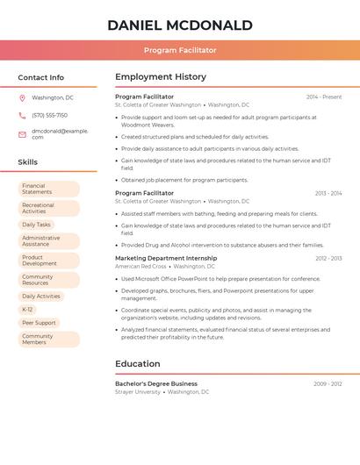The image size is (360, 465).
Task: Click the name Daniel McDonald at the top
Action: [x=180, y=25]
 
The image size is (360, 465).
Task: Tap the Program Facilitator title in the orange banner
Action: [x=180, y=50]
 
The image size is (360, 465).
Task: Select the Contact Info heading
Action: [x=41, y=77]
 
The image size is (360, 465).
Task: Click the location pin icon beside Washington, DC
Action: [x=22, y=98]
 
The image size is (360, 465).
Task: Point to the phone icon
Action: [x=22, y=116]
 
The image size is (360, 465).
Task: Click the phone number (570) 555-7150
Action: [x=49, y=116]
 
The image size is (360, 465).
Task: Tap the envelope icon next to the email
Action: [x=22, y=134]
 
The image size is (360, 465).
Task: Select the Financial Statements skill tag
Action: [x=48, y=189]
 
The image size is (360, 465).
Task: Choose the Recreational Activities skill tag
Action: [x=48, y=208]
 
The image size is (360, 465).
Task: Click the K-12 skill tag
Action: [x=28, y=310]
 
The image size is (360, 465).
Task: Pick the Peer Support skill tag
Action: [x=39, y=323]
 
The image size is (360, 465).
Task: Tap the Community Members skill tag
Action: [x=48, y=339]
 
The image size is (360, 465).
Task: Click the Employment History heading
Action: [x=161, y=77]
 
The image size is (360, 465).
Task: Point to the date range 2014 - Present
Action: [x=324, y=97]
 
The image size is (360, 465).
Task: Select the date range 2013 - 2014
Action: [x=328, y=193]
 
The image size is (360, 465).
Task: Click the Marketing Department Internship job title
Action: [x=166, y=258]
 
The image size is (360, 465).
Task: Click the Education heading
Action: [x=138, y=363]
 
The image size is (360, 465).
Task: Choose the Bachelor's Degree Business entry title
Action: [x=156, y=383]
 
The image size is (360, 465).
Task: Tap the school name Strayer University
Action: [x=138, y=392]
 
